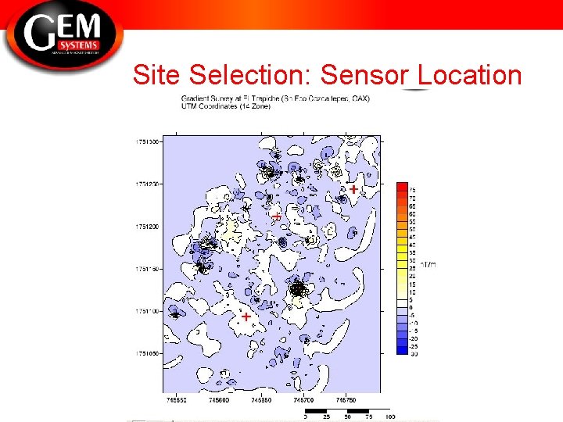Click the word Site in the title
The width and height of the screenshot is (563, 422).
(157, 75)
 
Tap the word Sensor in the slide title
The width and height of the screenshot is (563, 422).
(364, 75)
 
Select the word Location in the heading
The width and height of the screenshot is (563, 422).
(470, 75)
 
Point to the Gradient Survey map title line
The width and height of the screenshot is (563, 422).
(275, 98)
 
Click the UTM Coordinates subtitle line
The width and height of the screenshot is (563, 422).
(226, 106)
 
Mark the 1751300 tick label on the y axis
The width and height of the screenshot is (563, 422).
(147, 141)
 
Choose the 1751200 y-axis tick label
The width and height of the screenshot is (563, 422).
(147, 227)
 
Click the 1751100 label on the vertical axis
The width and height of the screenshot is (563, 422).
(147, 311)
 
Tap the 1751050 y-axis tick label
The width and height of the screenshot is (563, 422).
(147, 353)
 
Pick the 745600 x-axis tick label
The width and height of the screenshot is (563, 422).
(218, 399)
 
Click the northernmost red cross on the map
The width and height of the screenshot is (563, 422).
(353, 189)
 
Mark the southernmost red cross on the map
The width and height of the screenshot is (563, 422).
(246, 316)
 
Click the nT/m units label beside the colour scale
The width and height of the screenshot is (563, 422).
(428, 264)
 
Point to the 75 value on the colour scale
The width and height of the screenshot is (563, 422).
(413, 189)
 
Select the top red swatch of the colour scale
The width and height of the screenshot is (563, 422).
(402, 186)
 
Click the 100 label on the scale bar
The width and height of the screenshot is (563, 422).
(389, 416)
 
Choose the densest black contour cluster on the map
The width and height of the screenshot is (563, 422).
(297, 289)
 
